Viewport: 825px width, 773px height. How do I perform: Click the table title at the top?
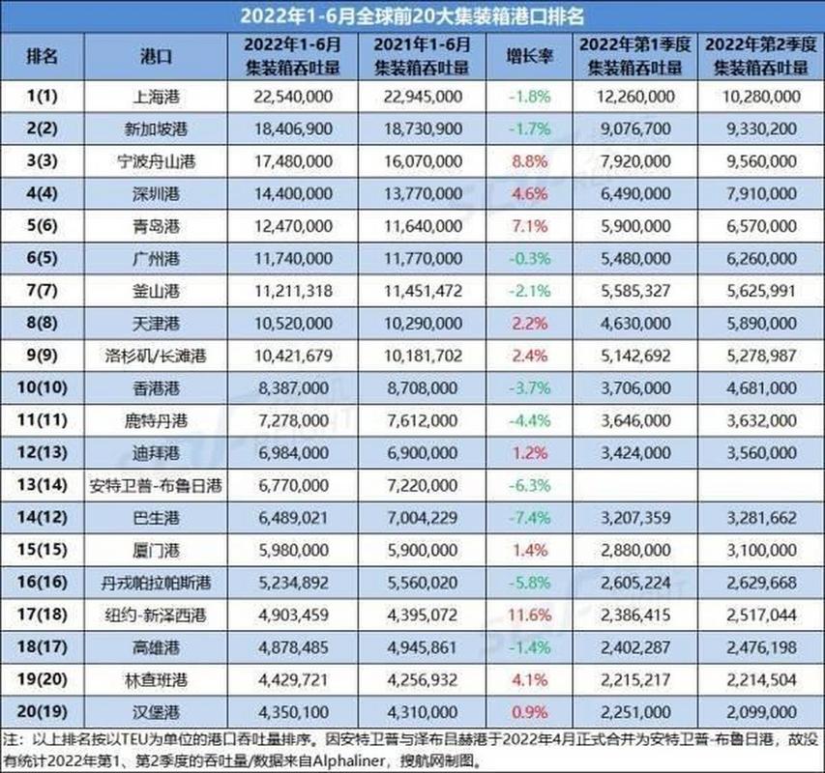pyautogui.click(x=412, y=15)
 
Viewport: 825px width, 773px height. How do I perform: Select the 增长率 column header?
pyautogui.click(x=529, y=56)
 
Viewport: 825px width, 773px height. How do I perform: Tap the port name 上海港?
pyautogui.click(x=157, y=96)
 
